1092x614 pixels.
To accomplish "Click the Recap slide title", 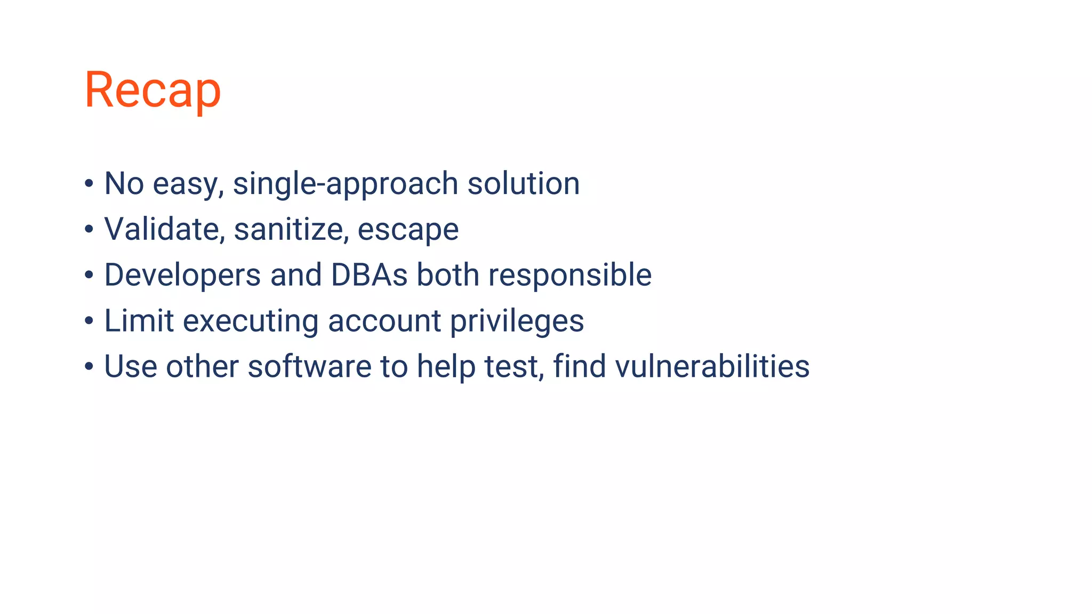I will (152, 90).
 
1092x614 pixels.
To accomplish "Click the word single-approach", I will (346, 184).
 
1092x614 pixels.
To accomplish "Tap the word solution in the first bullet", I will (523, 184).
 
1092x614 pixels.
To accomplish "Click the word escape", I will (408, 230).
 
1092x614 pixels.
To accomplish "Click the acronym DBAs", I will (369, 275).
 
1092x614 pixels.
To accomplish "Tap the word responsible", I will (570, 276).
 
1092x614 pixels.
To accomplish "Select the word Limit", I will (139, 321).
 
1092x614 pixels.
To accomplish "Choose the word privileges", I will (517, 321).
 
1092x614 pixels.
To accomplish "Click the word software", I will (309, 367).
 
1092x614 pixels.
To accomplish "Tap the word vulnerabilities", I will (712, 367).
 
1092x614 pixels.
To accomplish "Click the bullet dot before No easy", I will (89, 184).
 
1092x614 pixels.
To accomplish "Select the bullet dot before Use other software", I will (89, 367).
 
